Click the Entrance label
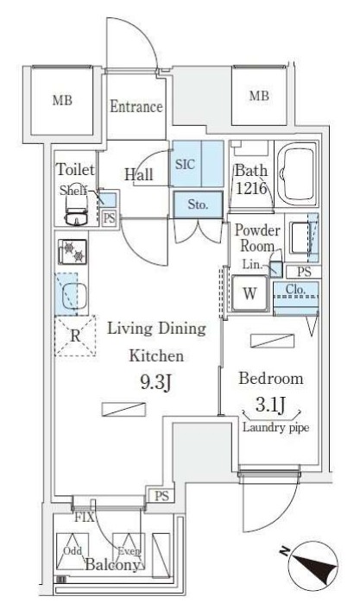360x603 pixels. click(x=136, y=106)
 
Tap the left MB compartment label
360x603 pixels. click(x=62, y=101)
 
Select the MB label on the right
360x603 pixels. click(x=259, y=96)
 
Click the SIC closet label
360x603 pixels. click(x=185, y=164)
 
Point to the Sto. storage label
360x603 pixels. click(x=198, y=204)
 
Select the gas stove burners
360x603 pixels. click(x=73, y=252)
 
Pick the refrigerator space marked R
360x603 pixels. click(x=75, y=336)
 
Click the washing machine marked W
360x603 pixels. click(x=249, y=293)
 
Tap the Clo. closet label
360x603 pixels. click(x=296, y=289)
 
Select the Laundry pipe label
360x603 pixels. click(x=275, y=428)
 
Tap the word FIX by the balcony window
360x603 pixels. click(x=85, y=518)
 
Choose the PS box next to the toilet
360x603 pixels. click(x=110, y=218)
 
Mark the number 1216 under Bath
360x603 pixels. click(x=251, y=188)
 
